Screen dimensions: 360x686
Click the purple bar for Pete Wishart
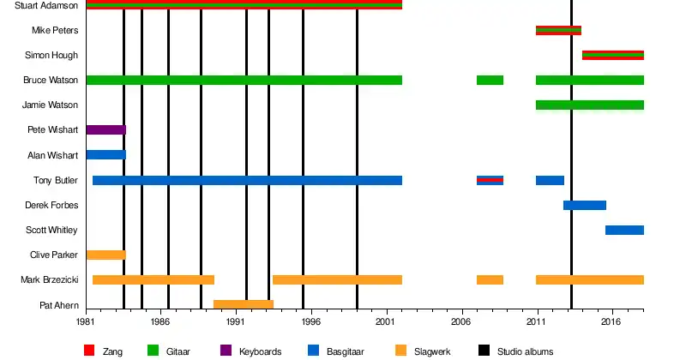(105, 130)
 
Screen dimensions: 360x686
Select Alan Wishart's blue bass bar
(105, 155)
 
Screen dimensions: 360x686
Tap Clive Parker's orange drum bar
(105, 255)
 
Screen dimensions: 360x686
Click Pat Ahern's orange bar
(243, 304)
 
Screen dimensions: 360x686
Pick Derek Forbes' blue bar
(585, 205)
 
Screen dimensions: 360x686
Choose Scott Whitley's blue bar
(624, 230)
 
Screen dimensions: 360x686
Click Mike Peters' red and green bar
(558, 31)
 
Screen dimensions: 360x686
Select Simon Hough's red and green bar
(612, 56)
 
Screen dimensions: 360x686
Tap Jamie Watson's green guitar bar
(589, 105)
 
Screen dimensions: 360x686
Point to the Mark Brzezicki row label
(50, 280)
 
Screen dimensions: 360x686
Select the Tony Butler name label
(56, 180)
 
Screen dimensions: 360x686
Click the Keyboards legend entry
(259, 351)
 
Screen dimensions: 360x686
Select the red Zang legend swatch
(89, 351)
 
